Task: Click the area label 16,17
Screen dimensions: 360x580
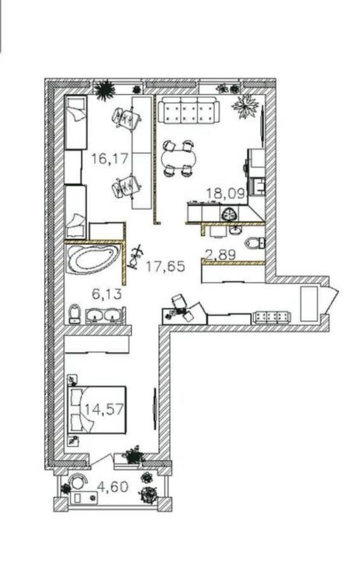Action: (110, 159)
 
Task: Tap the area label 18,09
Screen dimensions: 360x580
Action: (225, 193)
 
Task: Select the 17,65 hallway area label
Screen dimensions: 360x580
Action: (165, 266)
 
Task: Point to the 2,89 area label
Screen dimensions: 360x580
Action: (220, 254)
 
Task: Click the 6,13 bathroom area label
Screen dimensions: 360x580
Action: (106, 294)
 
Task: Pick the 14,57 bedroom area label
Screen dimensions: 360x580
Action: (104, 410)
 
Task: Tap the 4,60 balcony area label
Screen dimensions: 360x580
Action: (112, 486)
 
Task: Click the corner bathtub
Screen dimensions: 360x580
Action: (92, 259)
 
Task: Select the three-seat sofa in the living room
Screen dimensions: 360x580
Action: (188, 110)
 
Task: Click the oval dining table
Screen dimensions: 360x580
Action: (178, 158)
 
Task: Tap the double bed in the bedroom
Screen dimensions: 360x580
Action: (97, 410)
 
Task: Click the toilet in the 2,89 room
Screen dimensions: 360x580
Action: (255, 243)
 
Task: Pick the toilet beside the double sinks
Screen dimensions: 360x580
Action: (75, 314)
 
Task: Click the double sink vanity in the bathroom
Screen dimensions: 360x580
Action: (104, 315)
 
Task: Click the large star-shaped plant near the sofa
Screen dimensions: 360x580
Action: (245, 106)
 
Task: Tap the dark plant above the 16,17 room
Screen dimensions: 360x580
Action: (104, 90)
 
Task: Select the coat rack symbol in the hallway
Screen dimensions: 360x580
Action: (135, 256)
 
